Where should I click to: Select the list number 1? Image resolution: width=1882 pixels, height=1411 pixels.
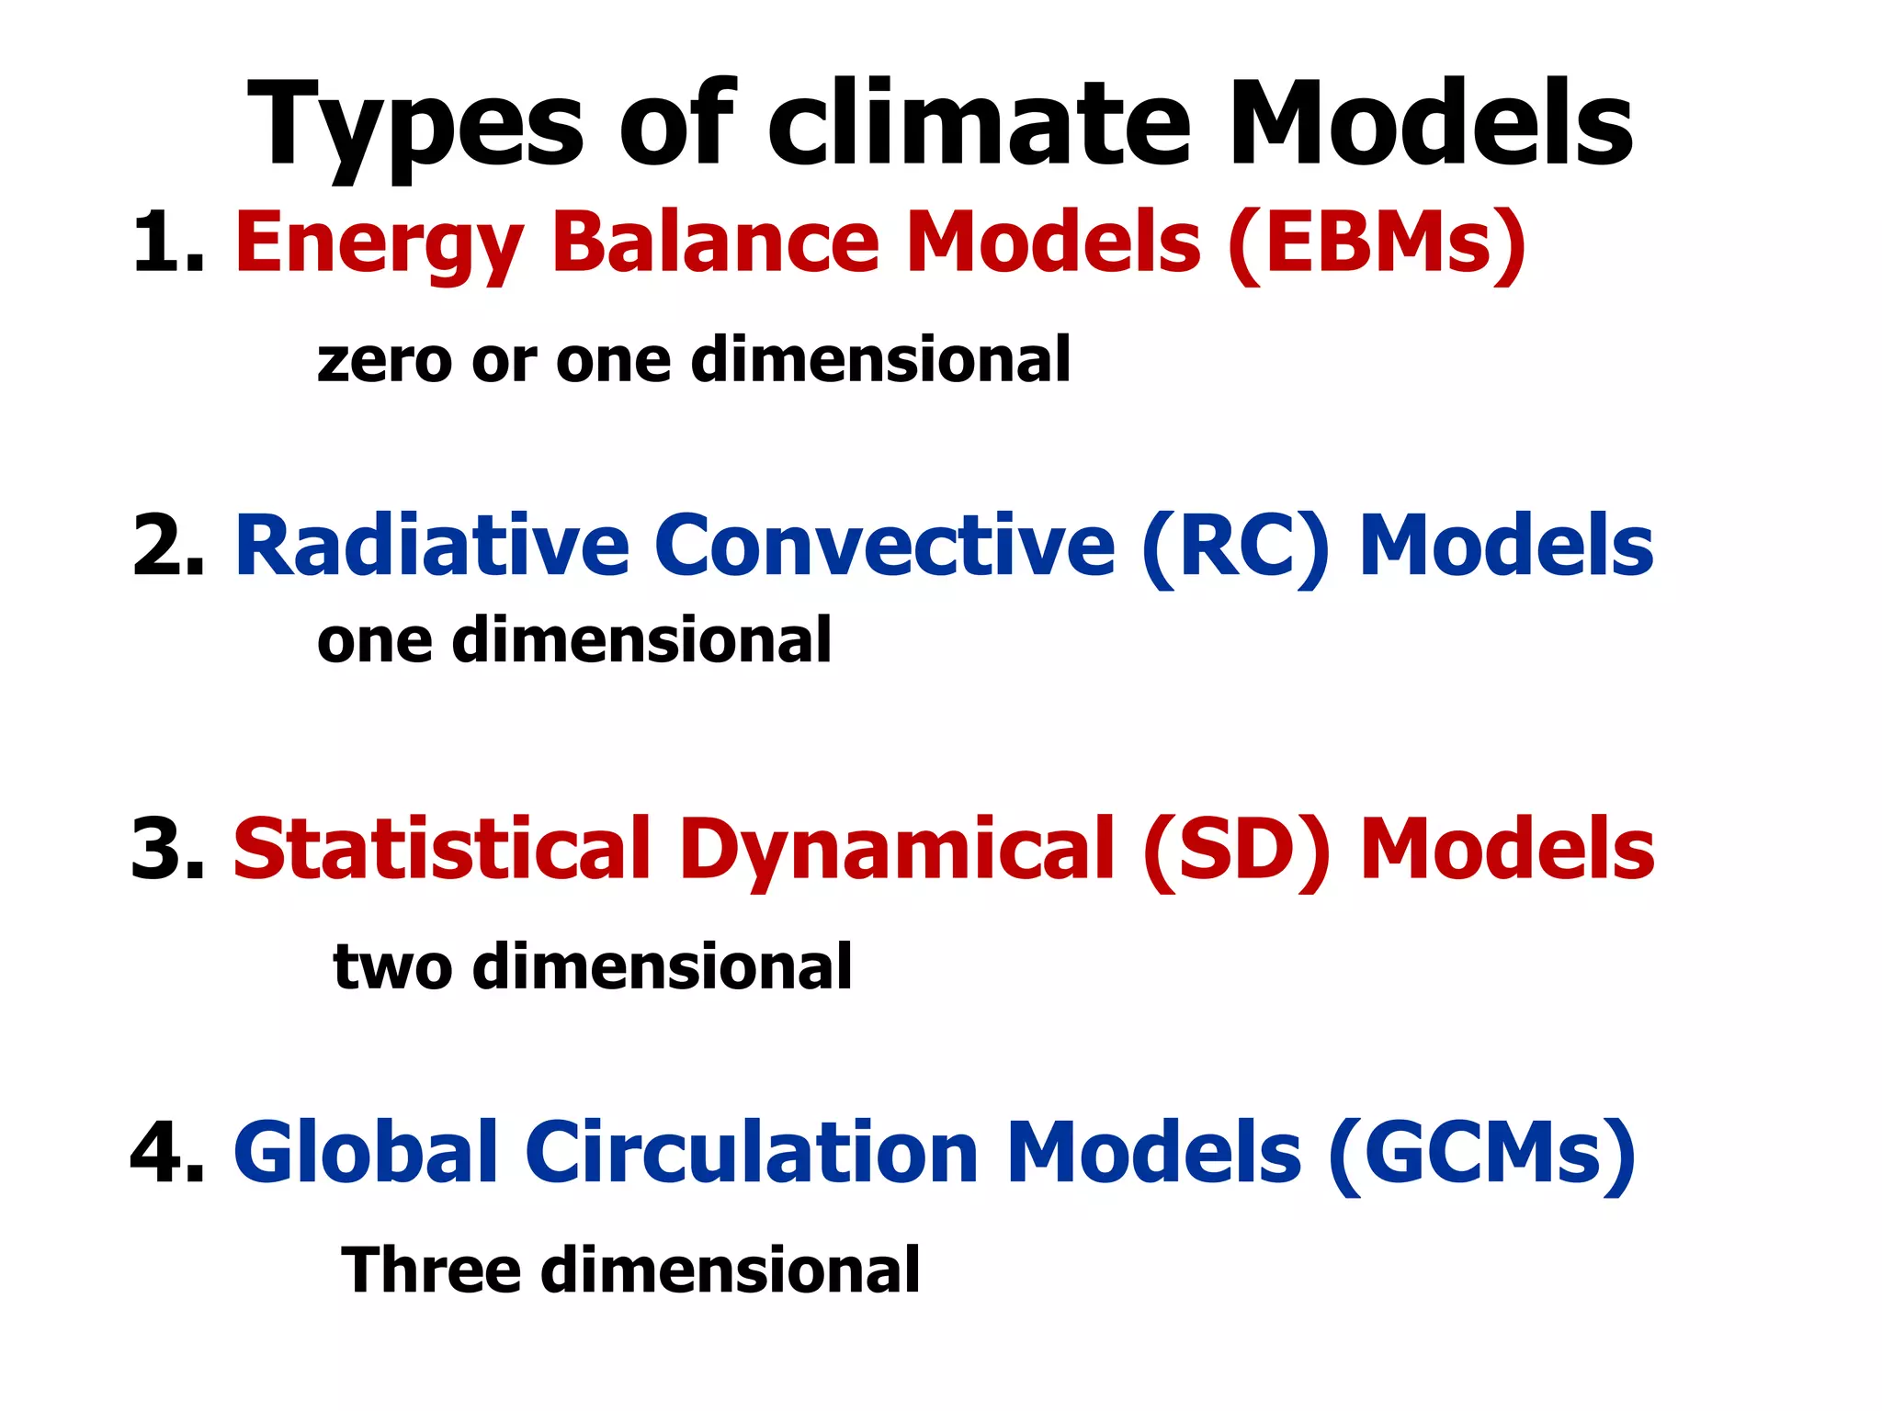pyautogui.click(x=165, y=243)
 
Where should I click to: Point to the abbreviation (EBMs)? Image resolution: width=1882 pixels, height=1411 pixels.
pyautogui.click(x=1376, y=243)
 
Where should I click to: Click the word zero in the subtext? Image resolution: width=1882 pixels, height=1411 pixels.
pyautogui.click(x=384, y=360)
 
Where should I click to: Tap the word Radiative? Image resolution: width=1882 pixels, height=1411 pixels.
pyautogui.click(x=432, y=546)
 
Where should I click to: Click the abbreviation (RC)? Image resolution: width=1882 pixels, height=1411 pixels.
pyautogui.click(x=1235, y=547)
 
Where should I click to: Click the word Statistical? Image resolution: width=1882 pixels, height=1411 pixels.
pyautogui.click(x=442, y=849)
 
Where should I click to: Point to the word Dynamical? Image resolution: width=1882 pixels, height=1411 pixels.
pyautogui.click(x=896, y=851)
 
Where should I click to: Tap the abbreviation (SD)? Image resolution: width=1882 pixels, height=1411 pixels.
pyautogui.click(x=1237, y=851)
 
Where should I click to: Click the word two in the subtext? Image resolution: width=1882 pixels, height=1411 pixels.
pyautogui.click(x=392, y=967)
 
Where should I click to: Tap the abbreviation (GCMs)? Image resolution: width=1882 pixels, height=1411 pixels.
pyautogui.click(x=1481, y=1154)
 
